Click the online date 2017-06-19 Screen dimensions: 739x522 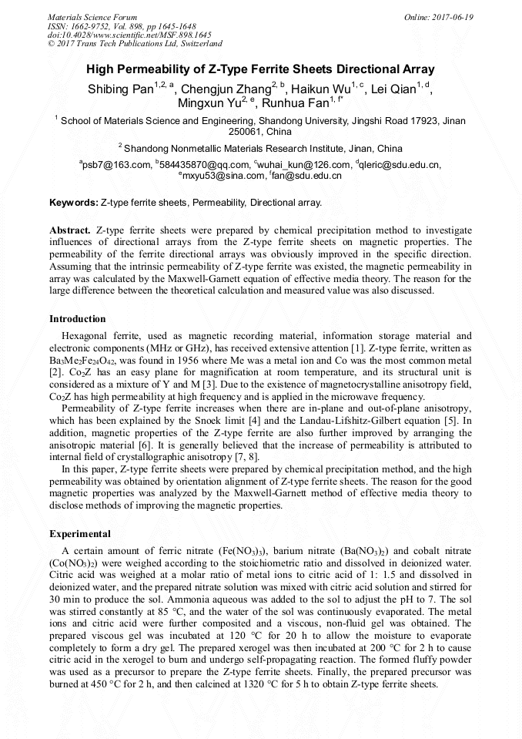[x=450, y=17]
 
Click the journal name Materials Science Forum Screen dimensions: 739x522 [x=92, y=17]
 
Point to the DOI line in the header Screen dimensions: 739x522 [x=129, y=35]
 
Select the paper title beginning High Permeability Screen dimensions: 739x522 [x=260, y=69]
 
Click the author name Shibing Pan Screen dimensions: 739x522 [x=120, y=89]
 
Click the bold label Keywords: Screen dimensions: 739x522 [x=73, y=203]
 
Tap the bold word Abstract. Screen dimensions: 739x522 [x=70, y=230]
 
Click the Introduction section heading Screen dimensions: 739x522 [x=77, y=319]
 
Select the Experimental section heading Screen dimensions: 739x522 [x=80, y=534]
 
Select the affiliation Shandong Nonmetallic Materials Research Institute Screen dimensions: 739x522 [x=263, y=148]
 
